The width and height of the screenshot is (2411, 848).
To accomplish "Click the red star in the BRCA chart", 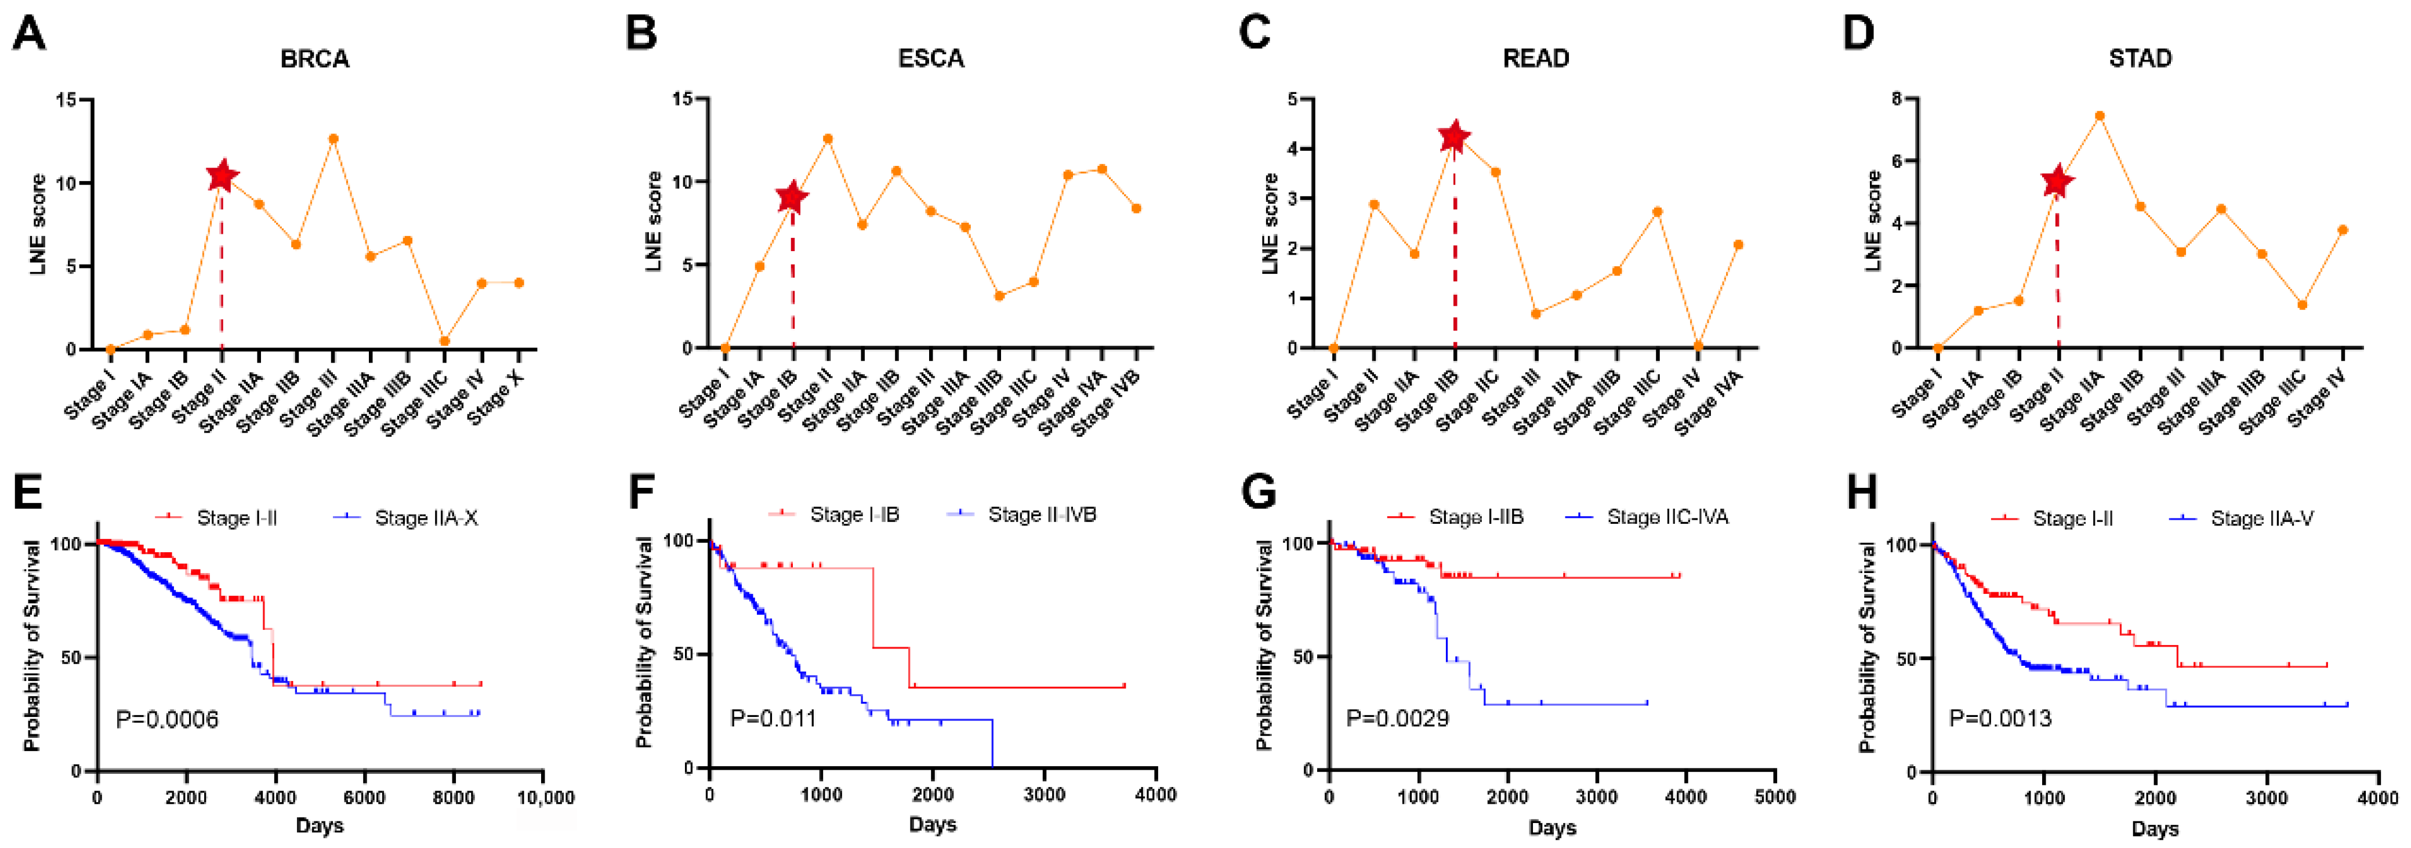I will pyautogui.click(x=222, y=175).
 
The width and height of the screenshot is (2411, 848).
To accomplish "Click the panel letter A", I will pyautogui.click(x=29, y=34).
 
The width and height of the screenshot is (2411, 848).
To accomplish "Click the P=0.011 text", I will pyautogui.click(x=773, y=719).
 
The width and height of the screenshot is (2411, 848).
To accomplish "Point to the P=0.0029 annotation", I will pyautogui.click(x=1397, y=719).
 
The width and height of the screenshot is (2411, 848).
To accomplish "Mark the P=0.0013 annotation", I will pyautogui.click(x=2000, y=719).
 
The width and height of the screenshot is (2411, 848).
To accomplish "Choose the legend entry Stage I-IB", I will pyautogui.click(x=854, y=515).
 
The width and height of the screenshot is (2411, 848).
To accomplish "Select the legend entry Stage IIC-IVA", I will pyautogui.click(x=1667, y=517).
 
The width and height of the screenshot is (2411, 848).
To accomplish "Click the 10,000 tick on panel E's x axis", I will pyautogui.click(x=546, y=798).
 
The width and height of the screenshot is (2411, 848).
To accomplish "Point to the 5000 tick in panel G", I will pyautogui.click(x=1775, y=798).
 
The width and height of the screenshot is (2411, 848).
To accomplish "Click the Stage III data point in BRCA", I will pyautogui.click(x=333, y=139).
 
